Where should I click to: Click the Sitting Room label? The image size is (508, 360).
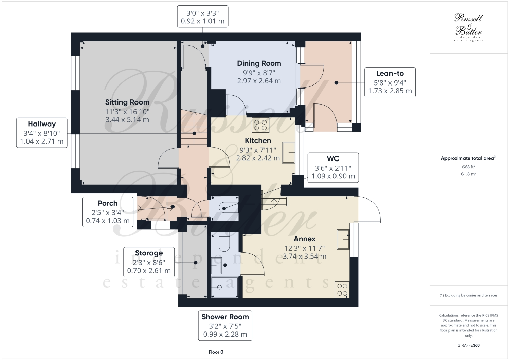point(127,102)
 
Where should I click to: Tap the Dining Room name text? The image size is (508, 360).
point(259,63)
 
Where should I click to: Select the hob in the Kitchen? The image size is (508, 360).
point(260,125)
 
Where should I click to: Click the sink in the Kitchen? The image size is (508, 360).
point(288,153)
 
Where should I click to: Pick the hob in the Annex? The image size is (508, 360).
point(342,289)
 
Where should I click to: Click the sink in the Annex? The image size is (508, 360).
point(343,239)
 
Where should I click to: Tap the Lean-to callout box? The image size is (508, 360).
point(390,82)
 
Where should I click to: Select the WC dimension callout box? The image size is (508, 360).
point(333,167)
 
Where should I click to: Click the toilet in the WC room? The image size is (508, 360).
point(229,207)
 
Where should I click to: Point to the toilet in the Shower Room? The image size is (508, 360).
point(224,242)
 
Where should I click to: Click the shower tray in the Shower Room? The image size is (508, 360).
point(224,287)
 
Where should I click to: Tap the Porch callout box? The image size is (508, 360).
point(108,212)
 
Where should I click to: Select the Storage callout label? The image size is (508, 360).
point(149,262)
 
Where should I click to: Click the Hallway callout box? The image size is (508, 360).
point(42,133)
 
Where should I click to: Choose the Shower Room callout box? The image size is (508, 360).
point(225,325)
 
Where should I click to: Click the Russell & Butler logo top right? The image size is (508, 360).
point(468,27)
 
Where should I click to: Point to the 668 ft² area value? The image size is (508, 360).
point(468,167)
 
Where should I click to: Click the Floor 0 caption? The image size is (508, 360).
point(216,352)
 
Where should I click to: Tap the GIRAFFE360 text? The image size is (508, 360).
point(468,345)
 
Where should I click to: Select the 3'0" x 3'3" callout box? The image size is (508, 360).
point(202,17)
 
